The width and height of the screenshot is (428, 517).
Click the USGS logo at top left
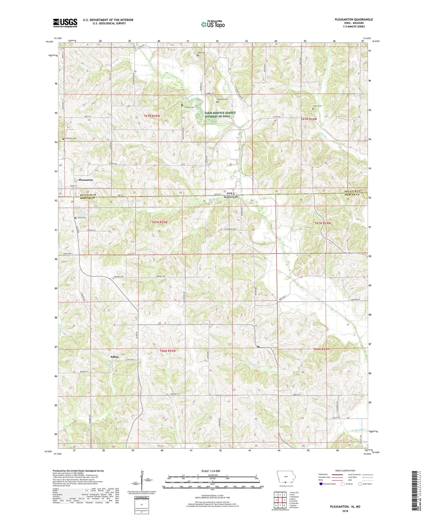[65, 23]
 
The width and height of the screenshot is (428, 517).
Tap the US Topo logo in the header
[213, 25]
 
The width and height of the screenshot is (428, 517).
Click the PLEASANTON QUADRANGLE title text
[354, 19]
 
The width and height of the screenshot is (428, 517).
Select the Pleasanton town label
[86, 180]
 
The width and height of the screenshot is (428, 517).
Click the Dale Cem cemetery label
[201, 53]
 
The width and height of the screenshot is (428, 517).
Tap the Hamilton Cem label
[71, 138]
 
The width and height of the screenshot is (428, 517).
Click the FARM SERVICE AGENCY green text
[220, 113]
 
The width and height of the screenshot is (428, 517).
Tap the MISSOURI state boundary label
[231, 197]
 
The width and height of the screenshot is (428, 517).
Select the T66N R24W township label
[322, 349]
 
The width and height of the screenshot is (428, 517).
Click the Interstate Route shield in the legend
[321, 484]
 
